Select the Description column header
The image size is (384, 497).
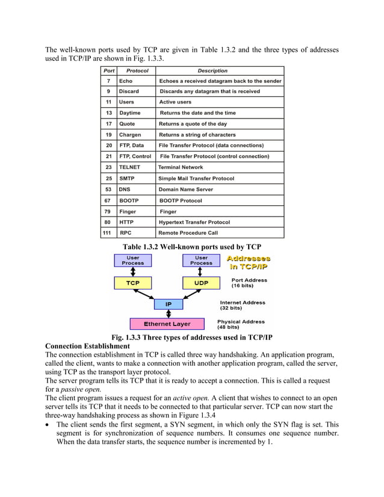(x=212, y=70)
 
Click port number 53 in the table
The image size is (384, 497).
(x=108, y=189)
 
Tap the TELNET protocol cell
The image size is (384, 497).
(x=131, y=167)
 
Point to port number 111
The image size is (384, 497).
(x=108, y=232)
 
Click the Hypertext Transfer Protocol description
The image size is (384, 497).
(x=194, y=221)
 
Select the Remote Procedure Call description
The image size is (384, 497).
(x=188, y=232)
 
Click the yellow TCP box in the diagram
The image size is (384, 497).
(x=133, y=282)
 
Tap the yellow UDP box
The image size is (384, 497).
(x=201, y=282)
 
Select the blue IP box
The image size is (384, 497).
(x=168, y=304)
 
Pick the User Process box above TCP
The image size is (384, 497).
(x=133, y=260)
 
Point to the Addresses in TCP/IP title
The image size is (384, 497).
(x=248, y=262)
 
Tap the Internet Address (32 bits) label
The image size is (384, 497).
(x=242, y=305)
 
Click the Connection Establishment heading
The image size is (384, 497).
(x=87, y=347)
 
